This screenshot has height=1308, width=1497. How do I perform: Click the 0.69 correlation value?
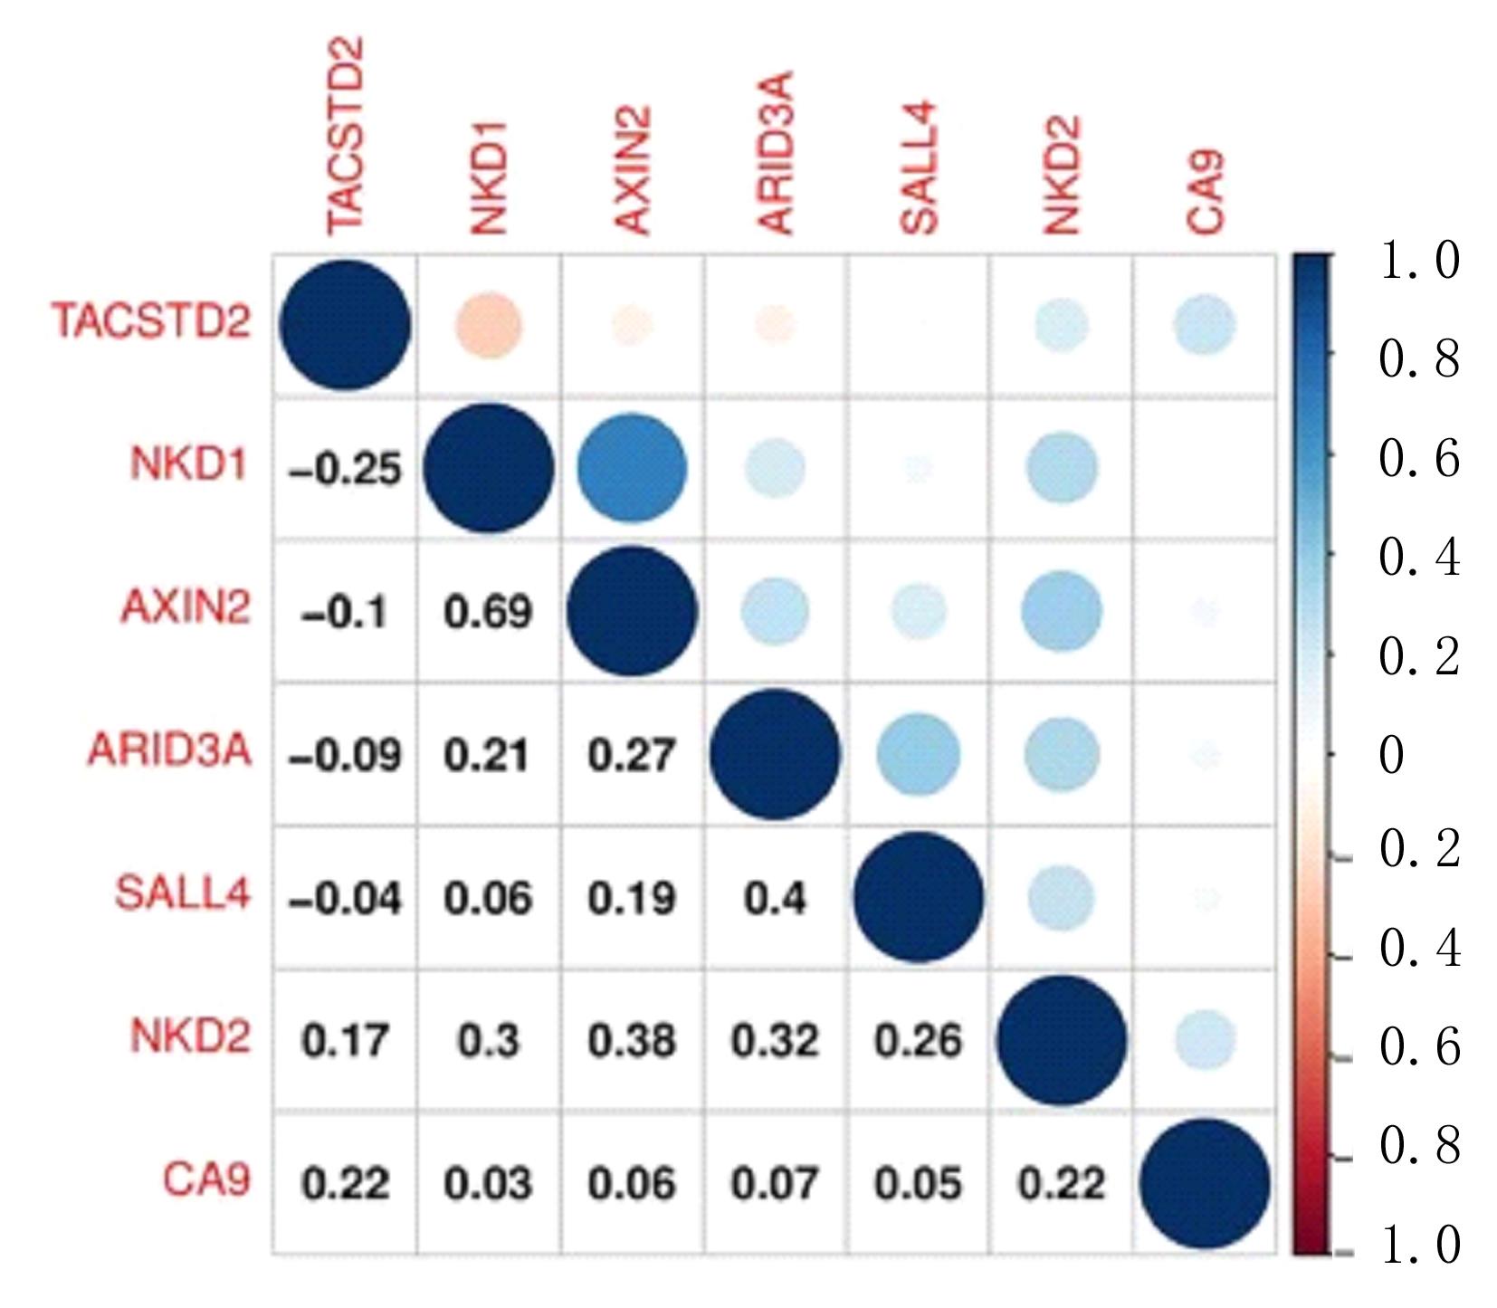coord(488,612)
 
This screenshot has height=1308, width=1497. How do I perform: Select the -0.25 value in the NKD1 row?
coord(345,469)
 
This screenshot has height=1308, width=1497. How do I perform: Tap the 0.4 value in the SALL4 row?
coord(775,898)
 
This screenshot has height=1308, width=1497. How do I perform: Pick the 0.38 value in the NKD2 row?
coord(631,1041)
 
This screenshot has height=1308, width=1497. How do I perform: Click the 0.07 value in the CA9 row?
coord(775,1184)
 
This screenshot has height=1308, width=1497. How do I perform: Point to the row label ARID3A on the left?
coord(169,751)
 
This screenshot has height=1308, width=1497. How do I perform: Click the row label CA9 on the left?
coord(206,1179)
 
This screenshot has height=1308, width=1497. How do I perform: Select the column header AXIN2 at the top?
coord(632,170)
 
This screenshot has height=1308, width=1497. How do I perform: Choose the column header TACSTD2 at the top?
coord(345,136)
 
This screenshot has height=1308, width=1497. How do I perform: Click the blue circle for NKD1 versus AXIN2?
coord(632,469)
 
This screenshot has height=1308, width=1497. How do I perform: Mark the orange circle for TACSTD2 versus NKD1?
coord(489,325)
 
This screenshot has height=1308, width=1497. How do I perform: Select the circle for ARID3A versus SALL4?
coord(918,754)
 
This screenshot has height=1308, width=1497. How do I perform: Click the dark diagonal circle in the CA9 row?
coord(1204,1183)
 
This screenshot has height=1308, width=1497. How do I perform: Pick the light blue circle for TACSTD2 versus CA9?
coord(1205,325)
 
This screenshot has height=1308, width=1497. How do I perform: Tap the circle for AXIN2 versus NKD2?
coord(1062,611)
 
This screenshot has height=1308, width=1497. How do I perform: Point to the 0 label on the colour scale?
coord(1391,754)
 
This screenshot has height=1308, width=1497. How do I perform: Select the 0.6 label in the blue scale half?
coord(1418,458)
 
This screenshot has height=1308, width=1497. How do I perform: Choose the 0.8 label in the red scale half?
coord(1419,1146)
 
